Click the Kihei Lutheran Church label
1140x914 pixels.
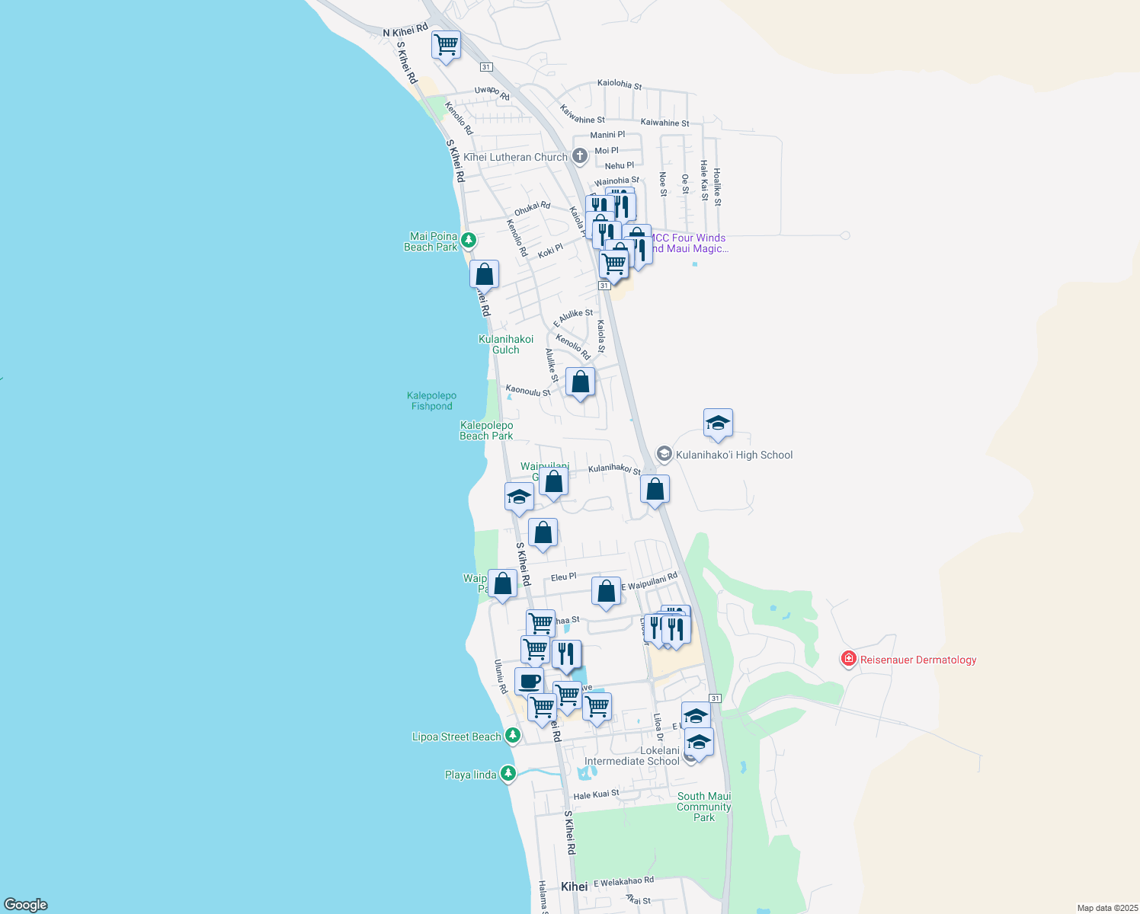(x=516, y=158)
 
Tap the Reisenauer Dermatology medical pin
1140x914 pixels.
(x=849, y=659)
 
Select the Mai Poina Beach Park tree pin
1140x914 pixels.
(x=469, y=241)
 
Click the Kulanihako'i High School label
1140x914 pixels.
(x=734, y=455)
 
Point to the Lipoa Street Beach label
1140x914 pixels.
(x=456, y=737)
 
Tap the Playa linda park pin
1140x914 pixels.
(x=508, y=774)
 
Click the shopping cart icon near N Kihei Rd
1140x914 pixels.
(x=446, y=44)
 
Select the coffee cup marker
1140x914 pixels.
(x=529, y=681)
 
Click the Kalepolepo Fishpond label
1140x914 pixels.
(x=431, y=401)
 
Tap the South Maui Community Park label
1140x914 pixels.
(x=704, y=807)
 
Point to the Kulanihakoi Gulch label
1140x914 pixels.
(x=506, y=344)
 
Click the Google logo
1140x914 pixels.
(x=26, y=905)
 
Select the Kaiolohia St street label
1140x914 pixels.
(x=620, y=84)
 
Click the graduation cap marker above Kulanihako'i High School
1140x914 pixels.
(x=718, y=423)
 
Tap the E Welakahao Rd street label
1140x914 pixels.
(x=623, y=881)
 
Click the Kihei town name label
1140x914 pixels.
(x=574, y=887)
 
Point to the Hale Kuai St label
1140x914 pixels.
(x=596, y=794)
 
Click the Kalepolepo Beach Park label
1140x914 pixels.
(x=486, y=430)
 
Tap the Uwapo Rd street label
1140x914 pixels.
(x=492, y=92)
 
